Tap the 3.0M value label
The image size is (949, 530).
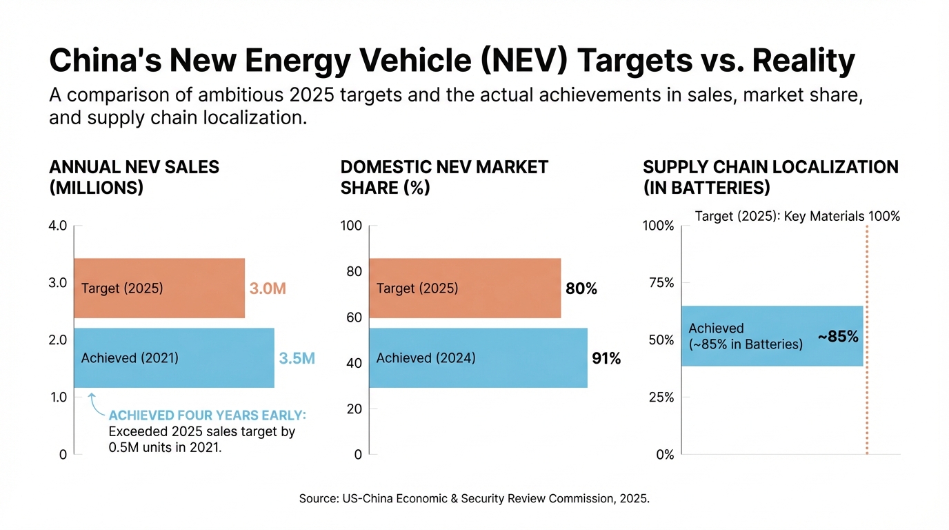click(x=267, y=288)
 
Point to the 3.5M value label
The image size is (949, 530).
click(x=297, y=358)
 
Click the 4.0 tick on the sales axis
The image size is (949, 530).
click(x=57, y=225)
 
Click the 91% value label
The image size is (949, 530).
click(x=606, y=358)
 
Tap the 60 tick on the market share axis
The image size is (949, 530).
click(x=354, y=317)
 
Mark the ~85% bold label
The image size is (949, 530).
click(x=838, y=337)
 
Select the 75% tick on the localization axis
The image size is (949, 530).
click(x=659, y=282)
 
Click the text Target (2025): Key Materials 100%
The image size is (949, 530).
click(x=797, y=216)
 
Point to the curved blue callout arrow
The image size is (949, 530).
click(x=94, y=405)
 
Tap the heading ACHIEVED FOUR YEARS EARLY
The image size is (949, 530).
click(x=207, y=415)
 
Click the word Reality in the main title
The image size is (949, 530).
click(x=803, y=61)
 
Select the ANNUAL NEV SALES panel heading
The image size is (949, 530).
click(x=134, y=177)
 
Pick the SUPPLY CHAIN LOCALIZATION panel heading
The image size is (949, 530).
click(x=770, y=177)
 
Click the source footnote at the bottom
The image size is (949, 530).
click(x=474, y=498)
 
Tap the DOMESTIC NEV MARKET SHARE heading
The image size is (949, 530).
click(x=444, y=177)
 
